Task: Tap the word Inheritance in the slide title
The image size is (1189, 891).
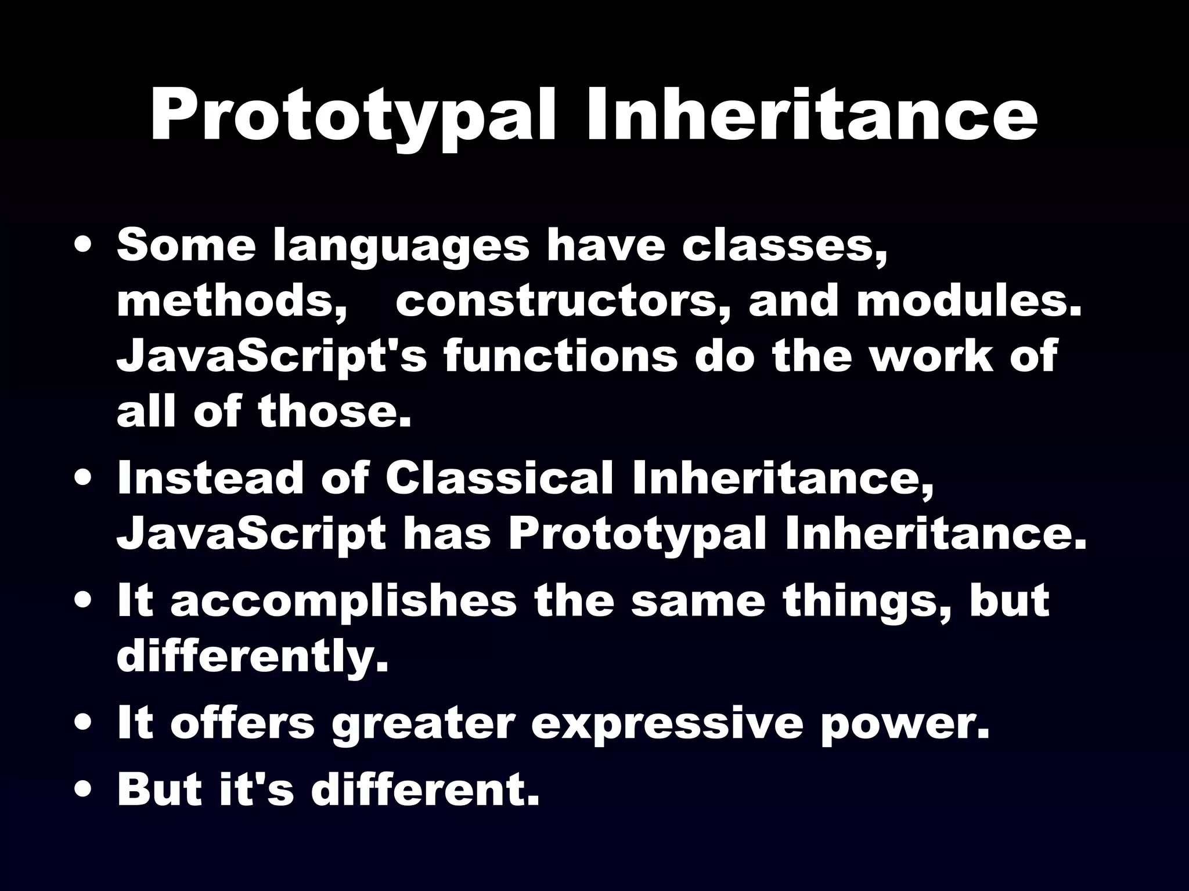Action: (812, 116)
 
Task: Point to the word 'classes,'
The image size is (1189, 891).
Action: (784, 247)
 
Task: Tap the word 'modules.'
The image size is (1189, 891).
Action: (969, 302)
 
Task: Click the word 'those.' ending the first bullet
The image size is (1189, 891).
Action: (335, 411)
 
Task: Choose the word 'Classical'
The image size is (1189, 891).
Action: (499, 479)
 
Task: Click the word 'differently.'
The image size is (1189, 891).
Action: (253, 657)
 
